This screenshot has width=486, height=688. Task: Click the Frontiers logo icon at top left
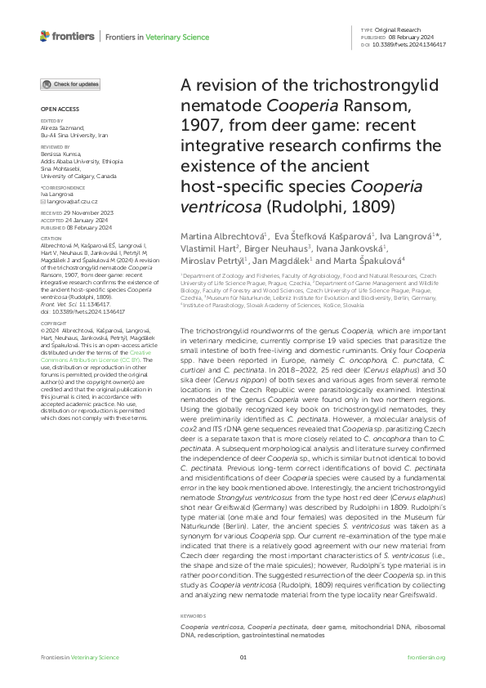(x=46, y=36)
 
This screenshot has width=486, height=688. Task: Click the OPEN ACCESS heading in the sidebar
(x=56, y=109)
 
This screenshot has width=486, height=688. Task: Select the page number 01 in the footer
(x=243, y=658)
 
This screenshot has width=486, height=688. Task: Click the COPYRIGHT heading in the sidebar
(x=53, y=346)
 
